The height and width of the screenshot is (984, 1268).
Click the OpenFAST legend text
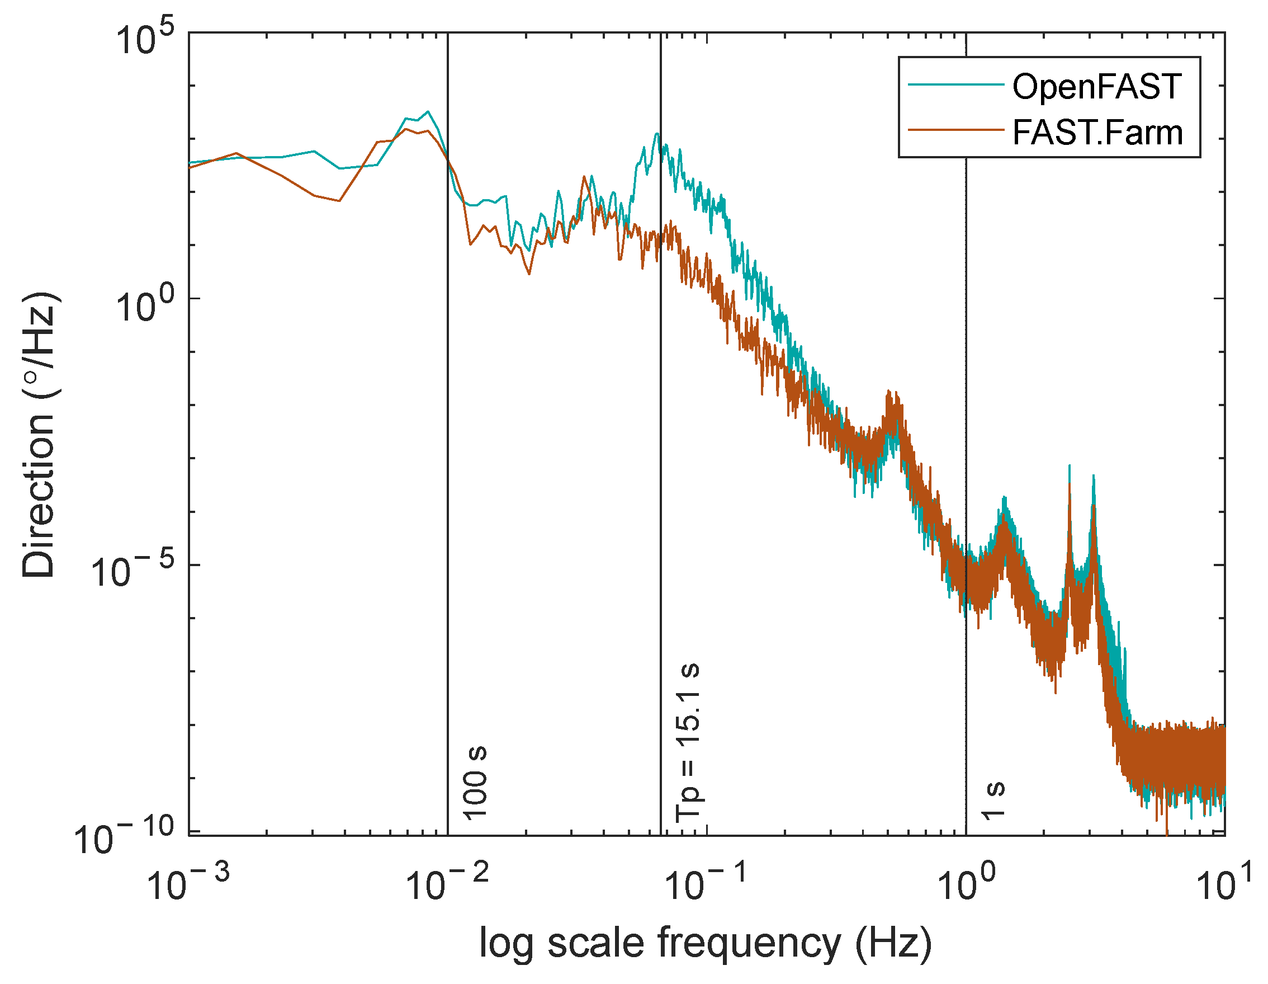[x=1097, y=87]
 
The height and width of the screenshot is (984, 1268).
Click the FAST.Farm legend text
[x=1097, y=133]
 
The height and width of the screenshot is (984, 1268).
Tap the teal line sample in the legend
[x=955, y=85]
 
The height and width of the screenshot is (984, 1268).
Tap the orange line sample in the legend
[x=955, y=130]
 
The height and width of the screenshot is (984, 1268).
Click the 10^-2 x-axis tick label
[x=447, y=882]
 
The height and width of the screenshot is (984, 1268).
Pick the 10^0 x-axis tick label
[x=966, y=882]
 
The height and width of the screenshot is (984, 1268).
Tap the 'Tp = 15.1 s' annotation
[x=689, y=742]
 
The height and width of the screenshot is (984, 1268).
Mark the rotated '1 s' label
[x=994, y=801]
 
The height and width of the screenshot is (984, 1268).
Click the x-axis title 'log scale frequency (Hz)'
[x=706, y=942]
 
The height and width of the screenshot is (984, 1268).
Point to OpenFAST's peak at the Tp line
[x=656, y=134]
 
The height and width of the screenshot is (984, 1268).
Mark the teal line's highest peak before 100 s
[x=428, y=111]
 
